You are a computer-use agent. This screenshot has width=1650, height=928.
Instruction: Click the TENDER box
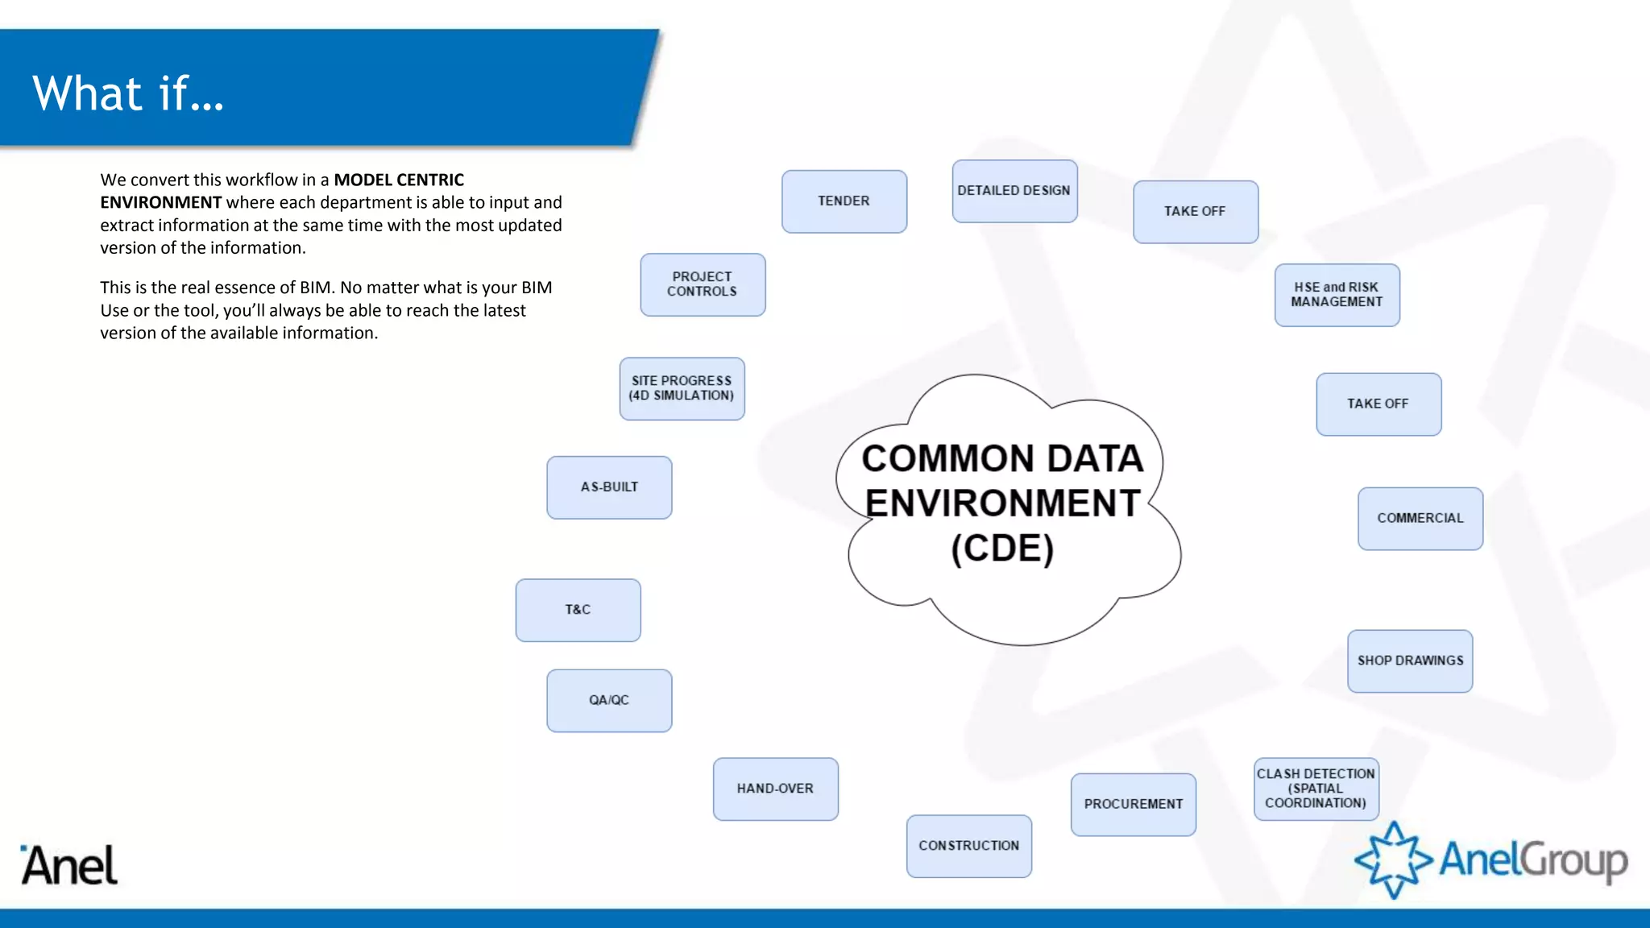(x=844, y=201)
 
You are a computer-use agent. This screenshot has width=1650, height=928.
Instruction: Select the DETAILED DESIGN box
(x=1014, y=191)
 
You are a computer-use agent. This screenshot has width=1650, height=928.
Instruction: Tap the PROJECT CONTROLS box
(x=702, y=284)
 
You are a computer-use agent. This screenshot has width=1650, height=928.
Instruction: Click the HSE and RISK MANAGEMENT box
(x=1336, y=295)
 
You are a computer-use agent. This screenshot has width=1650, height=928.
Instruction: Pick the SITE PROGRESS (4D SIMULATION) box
(x=682, y=388)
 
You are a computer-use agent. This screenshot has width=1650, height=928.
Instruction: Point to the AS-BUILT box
(x=609, y=487)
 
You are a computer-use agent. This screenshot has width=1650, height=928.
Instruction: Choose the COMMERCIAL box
(x=1420, y=518)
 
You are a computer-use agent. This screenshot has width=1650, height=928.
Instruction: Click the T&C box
(x=578, y=610)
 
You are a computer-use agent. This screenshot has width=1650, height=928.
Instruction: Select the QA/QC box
(x=609, y=700)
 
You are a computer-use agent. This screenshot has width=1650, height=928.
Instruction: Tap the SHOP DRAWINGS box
(x=1410, y=661)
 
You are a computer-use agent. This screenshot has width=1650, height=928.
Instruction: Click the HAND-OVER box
(x=775, y=789)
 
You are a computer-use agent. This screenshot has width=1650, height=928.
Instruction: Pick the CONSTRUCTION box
(x=968, y=846)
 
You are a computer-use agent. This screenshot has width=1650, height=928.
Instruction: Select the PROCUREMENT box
(x=1133, y=804)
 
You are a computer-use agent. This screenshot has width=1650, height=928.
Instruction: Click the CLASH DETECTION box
(x=1316, y=789)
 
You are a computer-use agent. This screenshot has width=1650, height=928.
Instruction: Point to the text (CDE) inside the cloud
(x=1002, y=549)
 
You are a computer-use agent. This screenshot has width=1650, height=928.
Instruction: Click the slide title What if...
(x=128, y=93)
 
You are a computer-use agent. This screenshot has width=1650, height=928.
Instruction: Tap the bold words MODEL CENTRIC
(x=399, y=180)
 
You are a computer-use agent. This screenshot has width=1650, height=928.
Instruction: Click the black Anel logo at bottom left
(x=69, y=866)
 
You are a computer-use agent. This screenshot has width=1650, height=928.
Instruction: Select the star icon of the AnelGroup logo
(x=1393, y=860)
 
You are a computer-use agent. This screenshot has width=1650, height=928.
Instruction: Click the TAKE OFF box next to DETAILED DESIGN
(x=1195, y=212)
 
